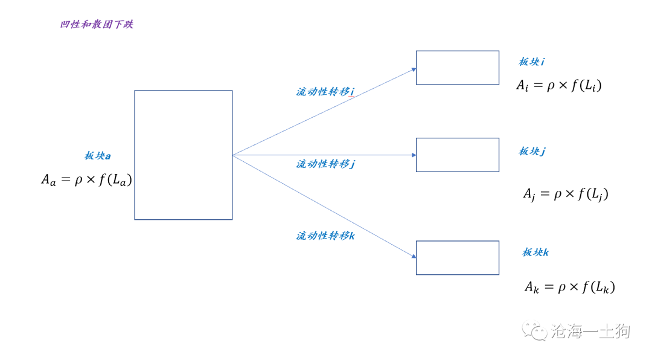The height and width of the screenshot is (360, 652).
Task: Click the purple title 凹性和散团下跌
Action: [x=97, y=24]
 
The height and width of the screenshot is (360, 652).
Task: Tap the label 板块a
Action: [x=97, y=156]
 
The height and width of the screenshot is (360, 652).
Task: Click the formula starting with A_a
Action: [x=86, y=180]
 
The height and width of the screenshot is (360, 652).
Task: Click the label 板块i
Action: [x=531, y=62]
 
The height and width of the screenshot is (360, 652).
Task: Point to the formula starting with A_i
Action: [x=559, y=86]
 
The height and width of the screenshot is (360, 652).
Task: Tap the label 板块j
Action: [x=532, y=151]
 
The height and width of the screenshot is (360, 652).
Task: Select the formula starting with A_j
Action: [x=566, y=194]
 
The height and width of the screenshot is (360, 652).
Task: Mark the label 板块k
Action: [x=535, y=252]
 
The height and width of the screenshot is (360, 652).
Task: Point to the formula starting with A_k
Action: [x=570, y=287]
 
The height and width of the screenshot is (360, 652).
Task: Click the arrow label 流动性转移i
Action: [x=325, y=92]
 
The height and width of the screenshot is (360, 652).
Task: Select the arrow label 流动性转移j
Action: [x=325, y=164]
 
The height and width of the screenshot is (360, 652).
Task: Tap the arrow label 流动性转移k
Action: [x=325, y=236]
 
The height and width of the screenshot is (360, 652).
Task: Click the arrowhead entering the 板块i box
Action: [x=414, y=69]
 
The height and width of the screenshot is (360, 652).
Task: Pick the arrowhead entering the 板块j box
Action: [x=414, y=155]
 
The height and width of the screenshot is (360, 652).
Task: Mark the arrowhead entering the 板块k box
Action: [x=414, y=256]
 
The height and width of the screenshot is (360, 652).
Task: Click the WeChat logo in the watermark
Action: [x=535, y=331]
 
